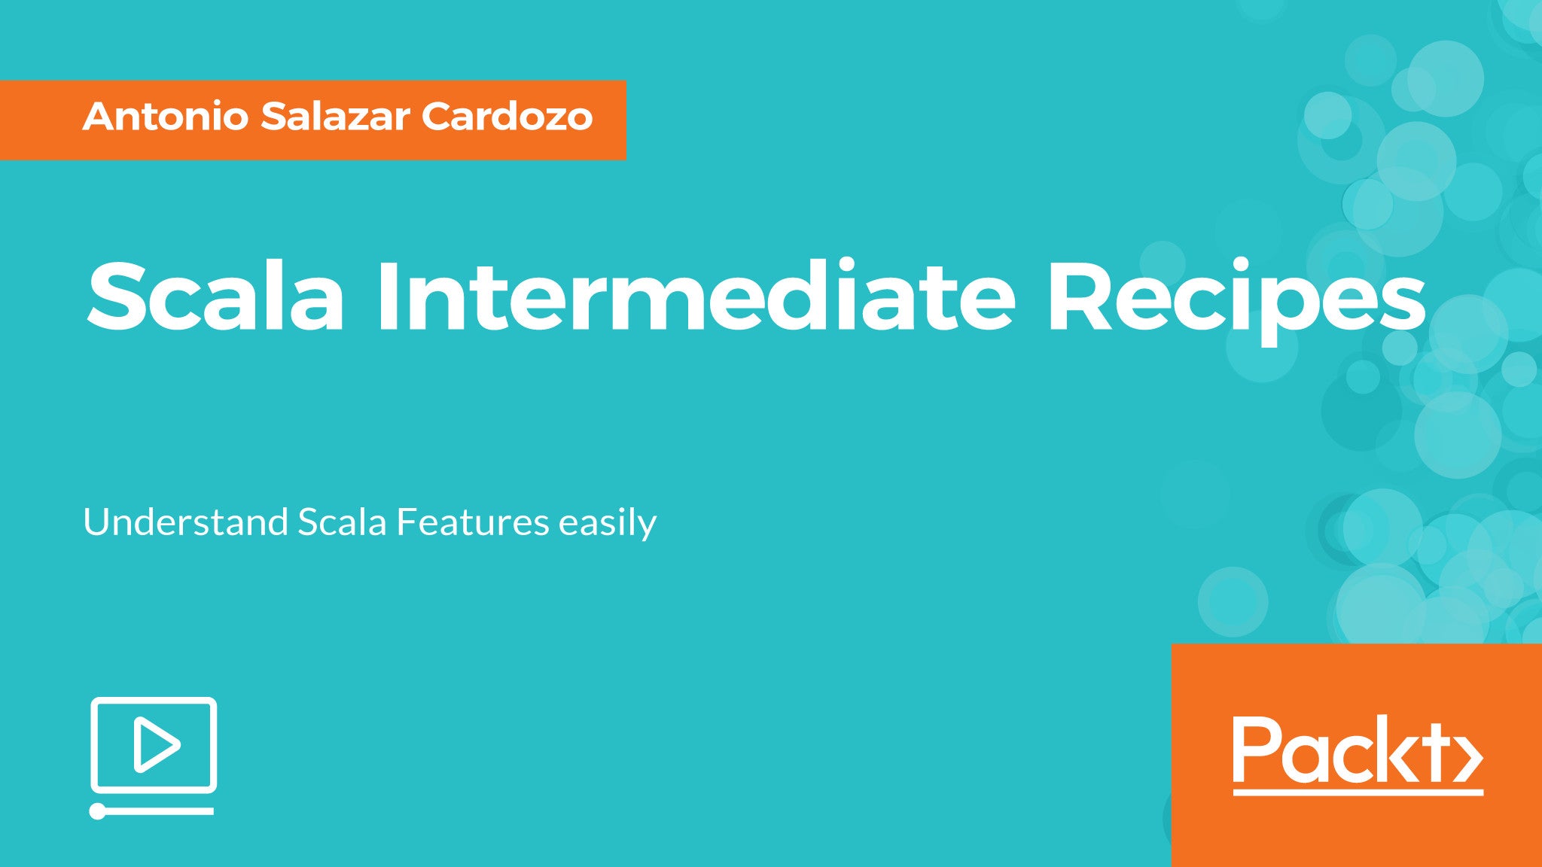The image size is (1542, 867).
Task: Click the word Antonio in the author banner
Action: pos(166,117)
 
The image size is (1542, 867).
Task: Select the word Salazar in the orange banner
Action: pos(335,117)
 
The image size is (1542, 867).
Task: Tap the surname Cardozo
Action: pos(507,117)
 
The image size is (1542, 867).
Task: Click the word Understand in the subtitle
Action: pos(185,522)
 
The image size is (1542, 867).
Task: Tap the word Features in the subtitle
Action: pos(473,522)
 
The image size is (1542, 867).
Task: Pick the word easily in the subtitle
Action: pos(608,524)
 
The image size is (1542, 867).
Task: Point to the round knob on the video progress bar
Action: pos(98,811)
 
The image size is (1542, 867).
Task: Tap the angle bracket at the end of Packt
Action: pos(1470,760)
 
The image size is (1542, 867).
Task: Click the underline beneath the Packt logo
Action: pos(1358,792)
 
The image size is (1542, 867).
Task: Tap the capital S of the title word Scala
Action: pos(116,295)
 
